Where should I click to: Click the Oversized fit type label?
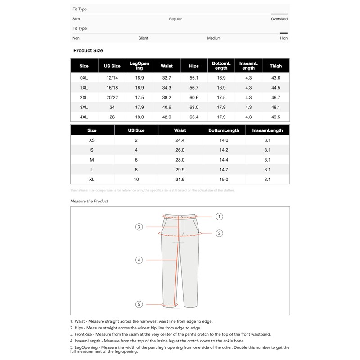(x=279, y=19)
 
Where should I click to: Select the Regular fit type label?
(x=175, y=19)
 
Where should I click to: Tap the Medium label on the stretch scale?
(x=214, y=38)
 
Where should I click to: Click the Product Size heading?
(x=88, y=51)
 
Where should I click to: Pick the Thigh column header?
(x=276, y=66)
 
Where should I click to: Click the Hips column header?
(x=194, y=66)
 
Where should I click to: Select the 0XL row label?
(x=84, y=78)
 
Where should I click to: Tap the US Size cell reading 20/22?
(x=112, y=97)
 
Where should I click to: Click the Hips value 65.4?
(x=194, y=117)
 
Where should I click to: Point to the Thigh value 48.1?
(x=276, y=107)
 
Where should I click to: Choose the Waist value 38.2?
(x=166, y=97)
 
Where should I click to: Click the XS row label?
(x=92, y=140)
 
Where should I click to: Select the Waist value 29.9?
(x=180, y=170)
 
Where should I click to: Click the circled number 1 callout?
(x=219, y=216)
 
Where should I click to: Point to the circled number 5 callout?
(x=139, y=305)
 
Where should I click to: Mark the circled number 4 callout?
(x=139, y=260)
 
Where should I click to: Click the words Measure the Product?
(x=89, y=201)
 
